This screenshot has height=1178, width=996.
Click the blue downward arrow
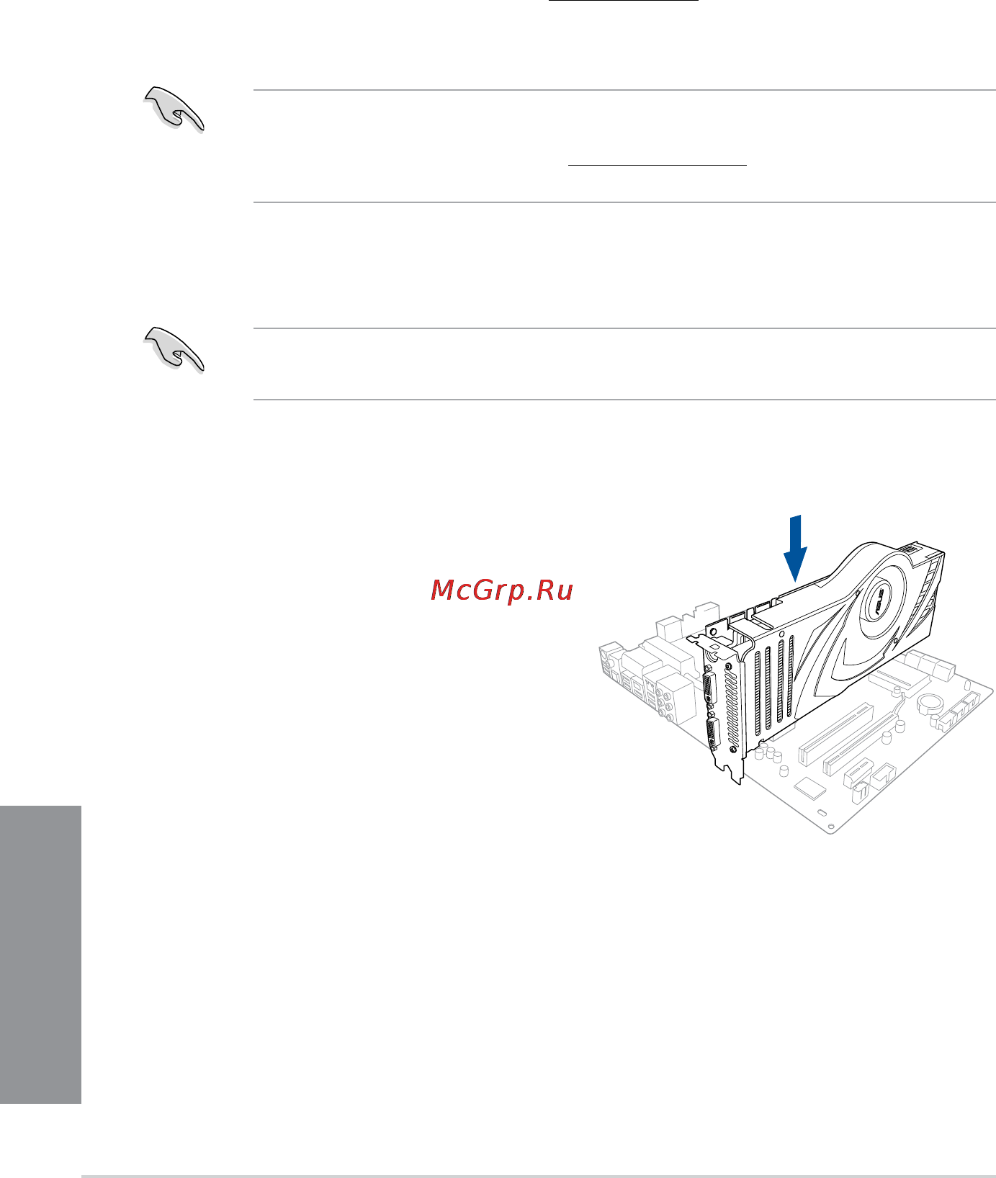tap(795, 548)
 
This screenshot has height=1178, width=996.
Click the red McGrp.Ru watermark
tap(502, 590)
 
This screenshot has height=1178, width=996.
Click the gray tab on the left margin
tap(41, 955)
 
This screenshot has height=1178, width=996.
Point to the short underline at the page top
tap(624, 1)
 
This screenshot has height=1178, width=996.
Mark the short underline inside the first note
tap(658, 165)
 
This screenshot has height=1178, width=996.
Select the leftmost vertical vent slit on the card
tap(757, 695)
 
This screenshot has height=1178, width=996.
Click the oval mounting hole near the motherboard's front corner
tap(822, 812)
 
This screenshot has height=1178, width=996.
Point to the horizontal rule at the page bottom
tap(539, 1177)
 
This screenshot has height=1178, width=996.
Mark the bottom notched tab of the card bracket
tap(736, 775)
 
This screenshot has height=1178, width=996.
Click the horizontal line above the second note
tap(624, 329)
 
